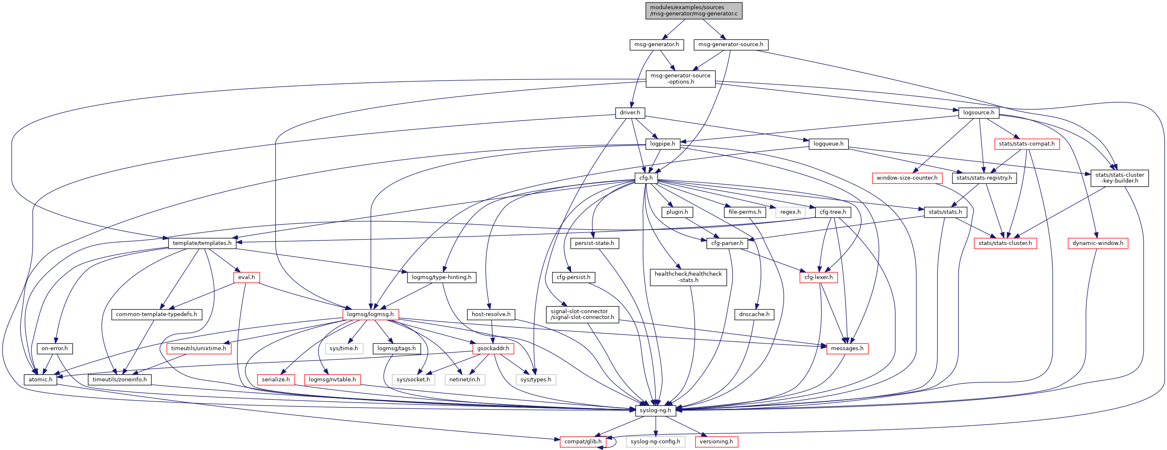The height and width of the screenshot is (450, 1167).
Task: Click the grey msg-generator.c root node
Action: click(x=693, y=10)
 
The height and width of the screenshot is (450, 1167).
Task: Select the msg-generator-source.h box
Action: click(x=730, y=45)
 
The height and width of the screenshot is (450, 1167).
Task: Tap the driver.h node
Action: click(x=630, y=112)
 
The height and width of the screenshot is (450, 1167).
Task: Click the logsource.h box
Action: click(x=979, y=112)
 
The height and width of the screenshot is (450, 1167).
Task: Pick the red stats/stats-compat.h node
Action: click(x=1026, y=143)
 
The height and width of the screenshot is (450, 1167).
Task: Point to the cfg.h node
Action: click(x=646, y=178)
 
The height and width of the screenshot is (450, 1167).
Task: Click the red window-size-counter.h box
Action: click(x=907, y=178)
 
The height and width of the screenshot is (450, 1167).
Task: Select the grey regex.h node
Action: click(x=790, y=212)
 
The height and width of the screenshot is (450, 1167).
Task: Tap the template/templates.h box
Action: click(x=202, y=243)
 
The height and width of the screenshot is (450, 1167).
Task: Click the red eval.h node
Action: click(x=247, y=277)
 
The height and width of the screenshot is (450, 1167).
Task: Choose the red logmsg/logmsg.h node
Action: click(x=370, y=314)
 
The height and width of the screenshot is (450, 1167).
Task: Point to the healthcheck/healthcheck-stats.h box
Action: click(x=688, y=277)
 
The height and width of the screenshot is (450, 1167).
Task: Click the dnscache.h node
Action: click(x=754, y=314)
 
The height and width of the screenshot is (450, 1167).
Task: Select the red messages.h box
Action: click(x=847, y=348)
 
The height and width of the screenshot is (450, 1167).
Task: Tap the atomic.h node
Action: click(x=40, y=379)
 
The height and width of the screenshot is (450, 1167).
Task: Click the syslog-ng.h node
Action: click(x=655, y=410)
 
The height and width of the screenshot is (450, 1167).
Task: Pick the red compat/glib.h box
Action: click(x=582, y=441)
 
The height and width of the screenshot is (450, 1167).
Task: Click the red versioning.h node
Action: click(x=716, y=441)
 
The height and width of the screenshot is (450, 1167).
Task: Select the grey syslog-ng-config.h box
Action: click(x=655, y=441)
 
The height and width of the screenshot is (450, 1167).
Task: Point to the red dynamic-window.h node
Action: click(x=1098, y=243)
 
